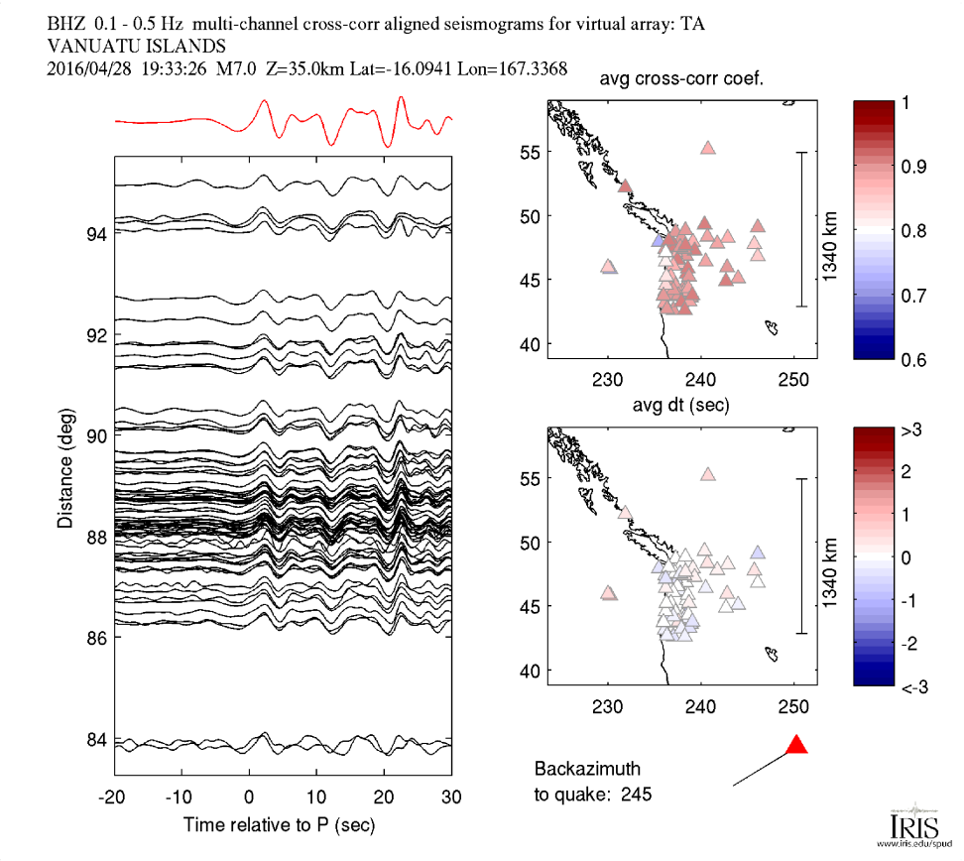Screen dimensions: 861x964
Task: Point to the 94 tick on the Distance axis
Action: (96, 234)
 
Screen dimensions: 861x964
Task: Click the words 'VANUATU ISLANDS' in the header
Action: (136, 46)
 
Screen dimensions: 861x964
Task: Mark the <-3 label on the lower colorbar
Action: (912, 686)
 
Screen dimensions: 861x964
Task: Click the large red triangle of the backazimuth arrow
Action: (796, 746)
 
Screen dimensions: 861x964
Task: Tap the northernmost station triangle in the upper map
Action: (708, 148)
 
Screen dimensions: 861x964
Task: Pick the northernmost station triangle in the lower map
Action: (708, 475)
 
